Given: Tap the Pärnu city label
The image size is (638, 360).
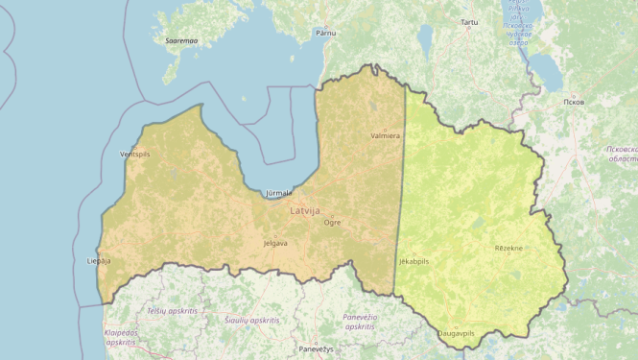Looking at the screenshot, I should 326,33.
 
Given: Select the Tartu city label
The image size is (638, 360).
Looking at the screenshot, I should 468,21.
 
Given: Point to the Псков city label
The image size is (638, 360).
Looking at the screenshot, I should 574,101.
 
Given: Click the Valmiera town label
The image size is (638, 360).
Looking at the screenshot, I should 385,136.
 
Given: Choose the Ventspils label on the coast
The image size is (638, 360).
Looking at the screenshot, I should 135,155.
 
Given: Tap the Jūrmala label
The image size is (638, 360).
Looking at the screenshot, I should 278,193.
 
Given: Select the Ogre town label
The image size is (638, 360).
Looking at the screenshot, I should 332,222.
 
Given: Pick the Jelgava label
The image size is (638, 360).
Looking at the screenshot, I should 275,243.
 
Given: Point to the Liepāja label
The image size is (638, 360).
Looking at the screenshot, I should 99,260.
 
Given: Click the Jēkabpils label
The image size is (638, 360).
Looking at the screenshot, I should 414,260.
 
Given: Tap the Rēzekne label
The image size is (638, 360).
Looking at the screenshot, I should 508,248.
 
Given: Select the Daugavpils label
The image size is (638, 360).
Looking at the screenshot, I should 456,333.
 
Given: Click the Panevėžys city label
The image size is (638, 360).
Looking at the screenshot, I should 316,348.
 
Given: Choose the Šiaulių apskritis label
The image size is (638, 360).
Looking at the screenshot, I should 251,319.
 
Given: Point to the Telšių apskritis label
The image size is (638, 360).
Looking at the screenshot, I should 172,311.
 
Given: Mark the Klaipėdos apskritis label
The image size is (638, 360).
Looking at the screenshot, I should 121,337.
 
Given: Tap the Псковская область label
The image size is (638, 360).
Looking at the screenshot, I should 622,156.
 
